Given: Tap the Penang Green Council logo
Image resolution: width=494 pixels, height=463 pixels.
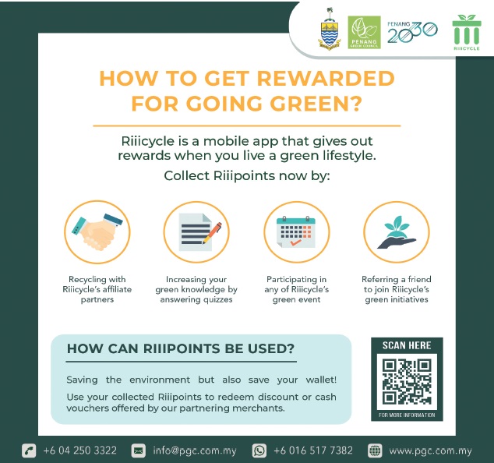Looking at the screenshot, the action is coord(364,32).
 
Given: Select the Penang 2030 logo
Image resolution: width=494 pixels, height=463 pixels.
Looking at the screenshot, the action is coord(412,32).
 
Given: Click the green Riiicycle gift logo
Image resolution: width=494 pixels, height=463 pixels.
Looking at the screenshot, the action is coord(467,32).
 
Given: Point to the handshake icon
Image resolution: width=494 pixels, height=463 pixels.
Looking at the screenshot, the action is coord(97,232).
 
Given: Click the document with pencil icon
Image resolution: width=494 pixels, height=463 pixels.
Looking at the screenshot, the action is coord(199,232).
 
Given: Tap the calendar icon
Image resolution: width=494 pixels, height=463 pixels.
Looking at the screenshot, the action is coord(296,232).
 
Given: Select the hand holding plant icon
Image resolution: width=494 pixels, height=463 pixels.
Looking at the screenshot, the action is coord(397,232).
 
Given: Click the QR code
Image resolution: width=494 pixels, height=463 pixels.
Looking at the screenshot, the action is coord(407,382).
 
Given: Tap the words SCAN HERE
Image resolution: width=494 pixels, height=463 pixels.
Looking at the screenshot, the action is coord(407,345).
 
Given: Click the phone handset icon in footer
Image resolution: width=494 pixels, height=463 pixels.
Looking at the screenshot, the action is coord(29,451).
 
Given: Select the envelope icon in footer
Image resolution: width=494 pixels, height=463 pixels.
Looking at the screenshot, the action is coord(139,451).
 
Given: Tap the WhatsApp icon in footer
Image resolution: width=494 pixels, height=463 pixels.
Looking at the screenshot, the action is coord(259,451).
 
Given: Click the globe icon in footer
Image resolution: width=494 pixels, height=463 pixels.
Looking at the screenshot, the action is coord(375,451).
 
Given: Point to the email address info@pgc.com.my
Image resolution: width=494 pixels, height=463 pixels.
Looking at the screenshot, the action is coord(195,451).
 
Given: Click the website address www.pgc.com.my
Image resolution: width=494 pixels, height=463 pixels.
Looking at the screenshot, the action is coord(430,451).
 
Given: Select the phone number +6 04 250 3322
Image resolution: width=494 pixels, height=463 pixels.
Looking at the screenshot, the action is coord(80,450).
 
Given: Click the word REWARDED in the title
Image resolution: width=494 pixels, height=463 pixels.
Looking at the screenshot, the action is coord(326,78).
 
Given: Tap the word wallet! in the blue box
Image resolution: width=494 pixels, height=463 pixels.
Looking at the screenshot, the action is coord(321,380).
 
